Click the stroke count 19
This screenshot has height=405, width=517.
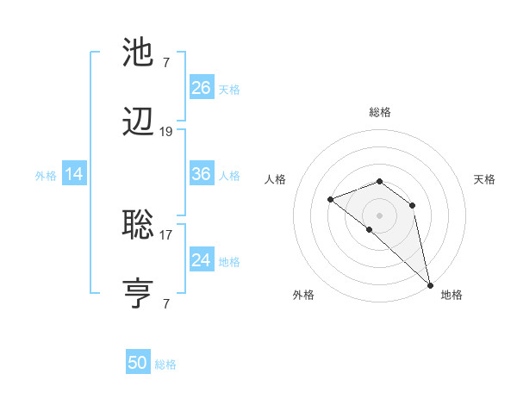(x=166, y=132)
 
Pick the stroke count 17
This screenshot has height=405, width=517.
(x=166, y=234)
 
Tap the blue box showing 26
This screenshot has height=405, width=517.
(x=201, y=87)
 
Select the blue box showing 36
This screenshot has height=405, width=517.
(x=201, y=174)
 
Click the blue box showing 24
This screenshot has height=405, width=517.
(x=201, y=260)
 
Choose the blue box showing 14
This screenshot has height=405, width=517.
(x=74, y=174)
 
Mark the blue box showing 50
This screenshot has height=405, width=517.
(x=138, y=363)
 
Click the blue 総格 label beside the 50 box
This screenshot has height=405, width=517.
(x=165, y=365)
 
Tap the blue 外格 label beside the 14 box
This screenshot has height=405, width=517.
(x=46, y=176)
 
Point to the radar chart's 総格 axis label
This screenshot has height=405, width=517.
(x=380, y=112)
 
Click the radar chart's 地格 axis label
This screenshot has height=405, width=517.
(x=452, y=296)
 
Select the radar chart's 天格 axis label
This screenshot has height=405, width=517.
(x=484, y=179)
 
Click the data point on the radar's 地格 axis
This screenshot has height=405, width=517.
(x=430, y=284)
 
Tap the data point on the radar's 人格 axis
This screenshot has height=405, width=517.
(x=330, y=199)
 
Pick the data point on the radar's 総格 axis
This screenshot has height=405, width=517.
(x=380, y=181)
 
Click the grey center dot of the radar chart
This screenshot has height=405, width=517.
(x=380, y=215)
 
